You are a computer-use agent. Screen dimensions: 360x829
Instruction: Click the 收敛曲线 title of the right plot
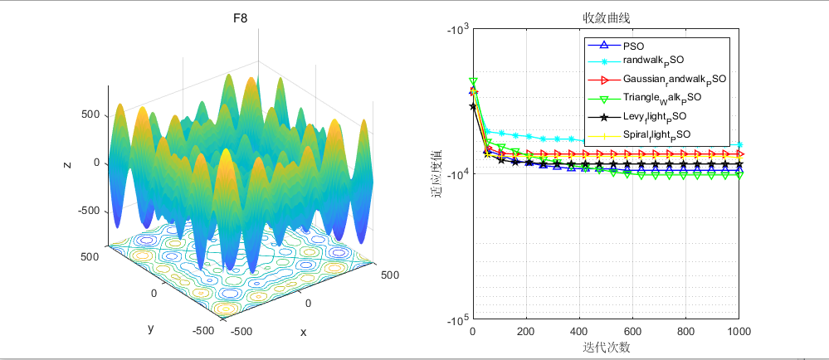click(x=606, y=17)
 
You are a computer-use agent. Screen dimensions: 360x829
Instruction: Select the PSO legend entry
click(x=633, y=46)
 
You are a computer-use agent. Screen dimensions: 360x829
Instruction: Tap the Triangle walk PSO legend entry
click(x=661, y=98)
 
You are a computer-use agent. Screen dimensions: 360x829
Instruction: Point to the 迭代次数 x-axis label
click(x=606, y=348)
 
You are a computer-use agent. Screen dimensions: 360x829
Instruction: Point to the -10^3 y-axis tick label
click(x=456, y=31)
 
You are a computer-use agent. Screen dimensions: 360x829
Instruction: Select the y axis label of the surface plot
click(x=150, y=328)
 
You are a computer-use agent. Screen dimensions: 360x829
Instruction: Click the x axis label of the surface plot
click(x=303, y=332)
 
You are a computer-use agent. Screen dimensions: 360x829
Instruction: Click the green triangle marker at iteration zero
click(x=473, y=80)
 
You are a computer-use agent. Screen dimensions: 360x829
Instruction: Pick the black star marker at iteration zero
click(x=473, y=106)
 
